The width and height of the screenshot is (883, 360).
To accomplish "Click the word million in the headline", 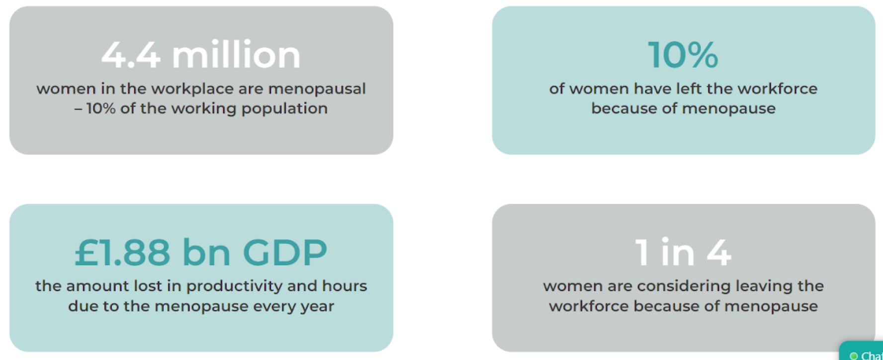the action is [236, 54].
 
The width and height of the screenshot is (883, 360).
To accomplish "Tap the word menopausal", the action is [317, 89].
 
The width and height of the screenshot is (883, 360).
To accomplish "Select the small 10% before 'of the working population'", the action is [101, 108].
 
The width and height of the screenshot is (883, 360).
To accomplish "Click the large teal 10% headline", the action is [683, 54].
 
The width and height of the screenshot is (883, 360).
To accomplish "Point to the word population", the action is [284, 109].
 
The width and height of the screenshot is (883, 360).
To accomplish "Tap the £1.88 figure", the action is [122, 252].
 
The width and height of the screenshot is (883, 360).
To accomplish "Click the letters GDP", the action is [285, 252].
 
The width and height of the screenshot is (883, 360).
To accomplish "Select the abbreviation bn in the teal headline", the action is [206, 252].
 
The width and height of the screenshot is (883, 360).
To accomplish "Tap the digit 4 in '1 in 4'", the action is [719, 252].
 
